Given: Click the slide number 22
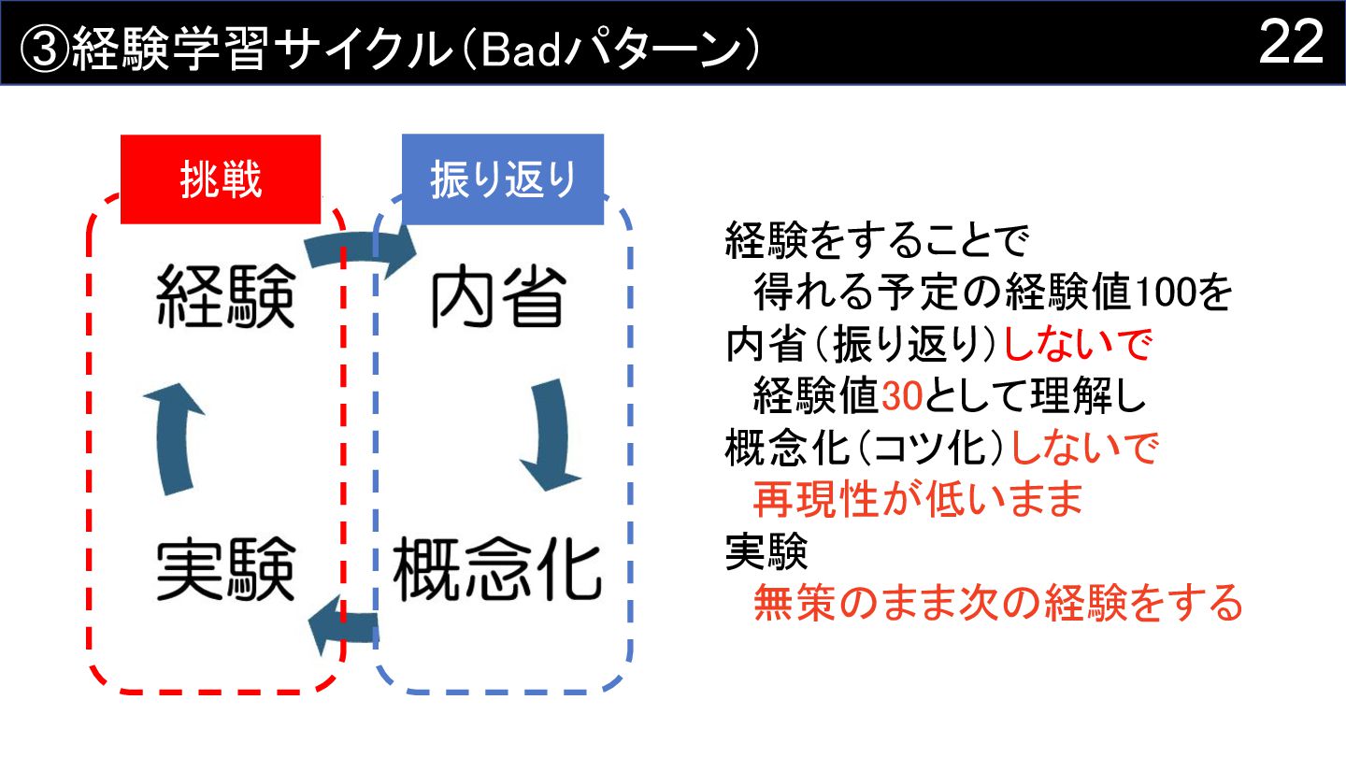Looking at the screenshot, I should [1291, 42].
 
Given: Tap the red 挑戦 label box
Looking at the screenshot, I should [221, 180].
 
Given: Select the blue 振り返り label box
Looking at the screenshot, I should [503, 180].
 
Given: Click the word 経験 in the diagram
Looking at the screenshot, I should [225, 296].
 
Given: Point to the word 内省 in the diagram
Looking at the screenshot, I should [498, 296].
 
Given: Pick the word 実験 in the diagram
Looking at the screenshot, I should [225, 569].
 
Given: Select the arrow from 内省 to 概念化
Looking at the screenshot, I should [548, 435].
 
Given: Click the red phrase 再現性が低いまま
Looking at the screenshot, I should [918, 500].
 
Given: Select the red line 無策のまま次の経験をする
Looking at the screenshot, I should [997, 603].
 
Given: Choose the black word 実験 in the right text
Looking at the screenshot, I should [766, 552].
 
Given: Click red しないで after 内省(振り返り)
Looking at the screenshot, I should [1076, 346].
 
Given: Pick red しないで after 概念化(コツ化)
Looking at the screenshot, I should [1083, 450].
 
